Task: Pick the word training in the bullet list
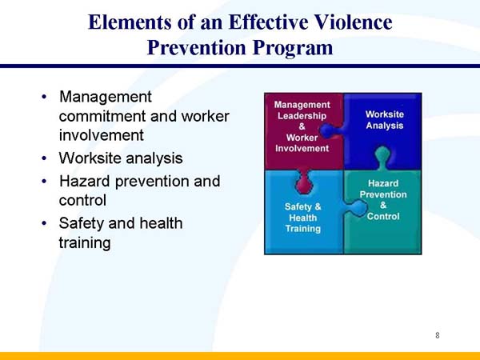[x=85, y=242]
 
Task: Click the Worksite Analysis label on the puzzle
[x=384, y=120]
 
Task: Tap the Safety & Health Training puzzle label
[x=302, y=218]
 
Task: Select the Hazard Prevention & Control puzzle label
[x=383, y=200]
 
